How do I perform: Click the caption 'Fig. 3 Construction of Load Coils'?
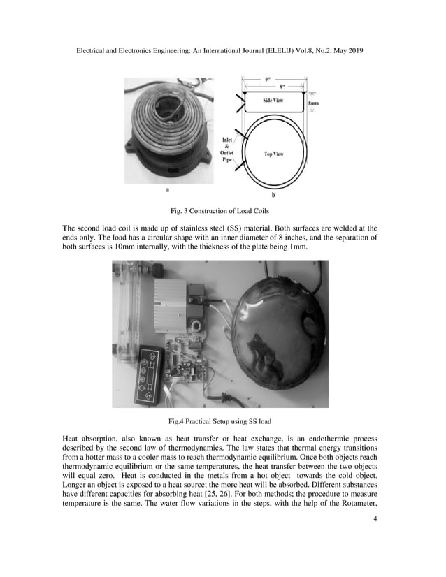(222, 210)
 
